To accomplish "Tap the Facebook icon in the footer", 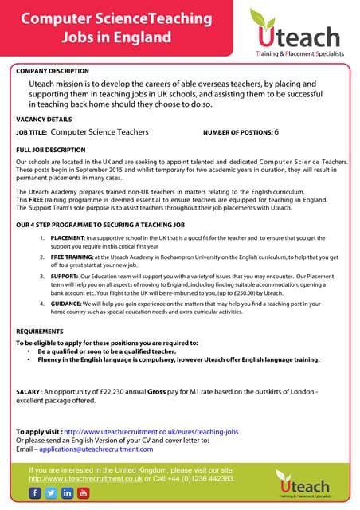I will [36, 494].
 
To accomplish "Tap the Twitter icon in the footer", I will [51, 494].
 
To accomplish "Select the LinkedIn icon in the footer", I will [67, 494].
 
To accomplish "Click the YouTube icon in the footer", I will [83, 494].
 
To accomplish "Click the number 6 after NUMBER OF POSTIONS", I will [276, 132].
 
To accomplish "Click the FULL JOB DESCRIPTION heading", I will [53, 149].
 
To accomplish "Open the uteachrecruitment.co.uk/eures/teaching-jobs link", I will [151, 431].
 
